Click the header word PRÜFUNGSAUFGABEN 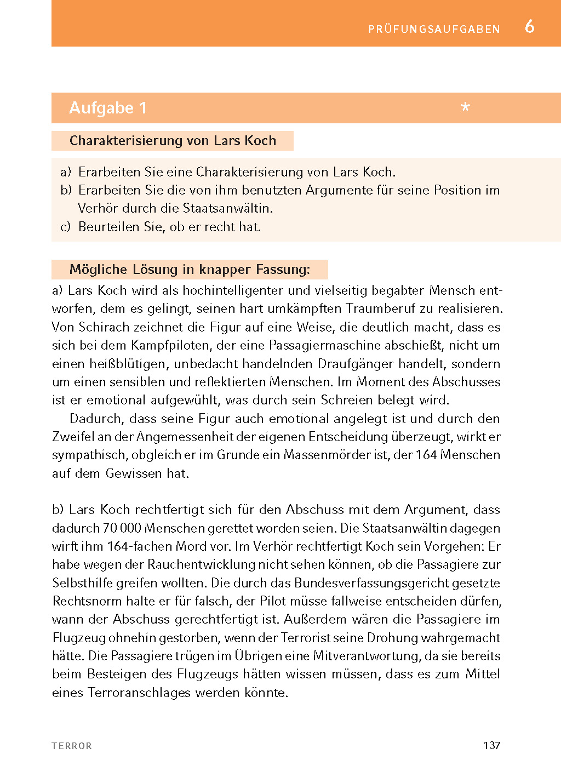(434, 29)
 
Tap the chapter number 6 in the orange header (529, 26)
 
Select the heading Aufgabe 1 (108, 108)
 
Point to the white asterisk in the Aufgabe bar (465, 107)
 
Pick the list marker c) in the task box (65, 227)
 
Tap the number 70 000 (122, 528)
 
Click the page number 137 (491, 745)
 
